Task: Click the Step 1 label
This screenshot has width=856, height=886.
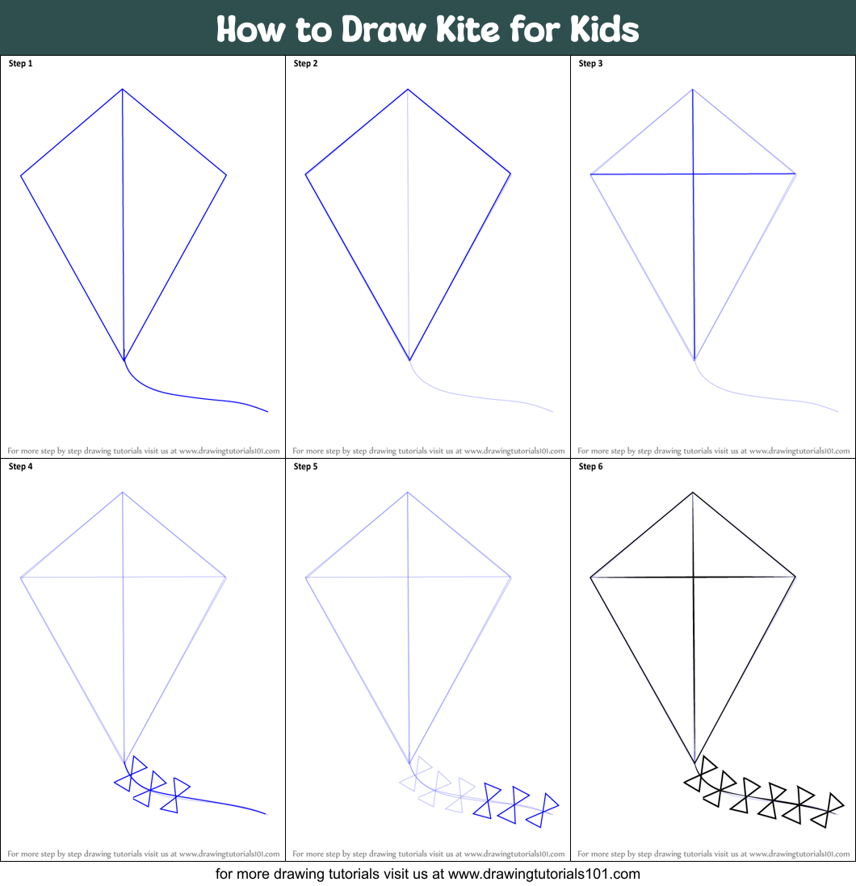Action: click(x=20, y=63)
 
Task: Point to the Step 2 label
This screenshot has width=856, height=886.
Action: click(x=306, y=63)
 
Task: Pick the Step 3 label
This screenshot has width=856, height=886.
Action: click(x=591, y=63)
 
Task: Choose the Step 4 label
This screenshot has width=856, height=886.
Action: click(x=20, y=466)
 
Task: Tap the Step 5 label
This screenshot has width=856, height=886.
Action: click(x=306, y=466)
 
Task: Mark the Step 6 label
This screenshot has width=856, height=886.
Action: click(x=591, y=466)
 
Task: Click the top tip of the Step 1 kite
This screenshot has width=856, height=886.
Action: click(x=122, y=89)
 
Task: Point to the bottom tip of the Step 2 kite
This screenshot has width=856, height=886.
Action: click(x=409, y=360)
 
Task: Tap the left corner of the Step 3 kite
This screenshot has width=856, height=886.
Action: click(x=591, y=174)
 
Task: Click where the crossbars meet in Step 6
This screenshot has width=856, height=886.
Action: click(x=693, y=577)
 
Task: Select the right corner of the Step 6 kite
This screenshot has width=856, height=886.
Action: click(x=796, y=577)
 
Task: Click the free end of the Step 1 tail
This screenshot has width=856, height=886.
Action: click(x=267, y=412)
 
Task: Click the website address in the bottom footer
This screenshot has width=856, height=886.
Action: click(x=543, y=874)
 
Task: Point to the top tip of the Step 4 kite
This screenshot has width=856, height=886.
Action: click(x=123, y=492)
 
